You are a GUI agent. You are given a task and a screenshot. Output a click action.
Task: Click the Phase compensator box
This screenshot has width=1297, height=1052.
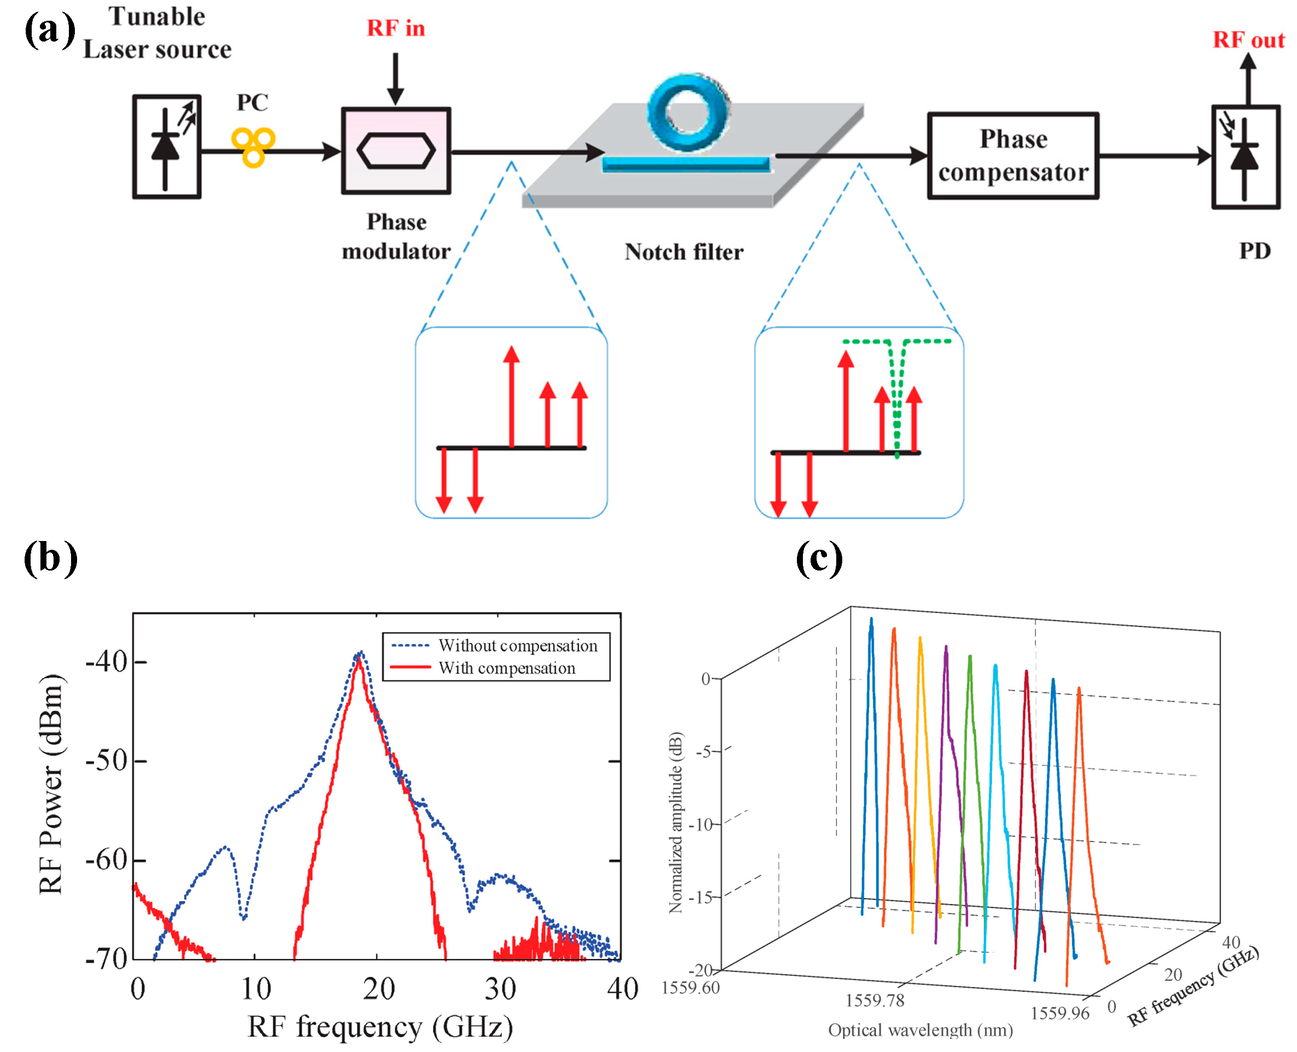click(1012, 156)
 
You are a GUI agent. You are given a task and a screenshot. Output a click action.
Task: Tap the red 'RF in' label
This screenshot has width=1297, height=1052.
click(395, 28)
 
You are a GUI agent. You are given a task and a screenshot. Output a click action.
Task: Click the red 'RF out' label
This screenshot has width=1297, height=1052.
click(1247, 40)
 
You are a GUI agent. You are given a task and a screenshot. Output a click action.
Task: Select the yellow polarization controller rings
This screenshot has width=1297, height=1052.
click(253, 146)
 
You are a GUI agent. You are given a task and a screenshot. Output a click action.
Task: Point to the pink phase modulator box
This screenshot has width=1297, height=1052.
click(395, 151)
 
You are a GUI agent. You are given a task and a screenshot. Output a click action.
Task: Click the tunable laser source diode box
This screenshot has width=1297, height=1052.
click(166, 146)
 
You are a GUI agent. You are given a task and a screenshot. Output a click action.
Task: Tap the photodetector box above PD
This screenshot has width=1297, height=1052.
click(1245, 157)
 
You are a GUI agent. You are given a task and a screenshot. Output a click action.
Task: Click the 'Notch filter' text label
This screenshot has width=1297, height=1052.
click(683, 251)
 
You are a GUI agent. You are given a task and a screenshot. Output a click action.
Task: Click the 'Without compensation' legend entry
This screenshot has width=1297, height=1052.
click(517, 645)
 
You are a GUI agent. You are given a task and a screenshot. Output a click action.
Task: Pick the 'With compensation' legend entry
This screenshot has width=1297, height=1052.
click(506, 668)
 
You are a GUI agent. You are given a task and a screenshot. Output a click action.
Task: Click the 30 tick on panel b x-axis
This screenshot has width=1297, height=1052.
click(500, 989)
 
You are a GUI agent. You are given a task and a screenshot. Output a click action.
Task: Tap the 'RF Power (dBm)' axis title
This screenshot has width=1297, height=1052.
click(51, 785)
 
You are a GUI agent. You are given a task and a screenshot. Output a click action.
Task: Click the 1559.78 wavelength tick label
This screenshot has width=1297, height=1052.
click(874, 1000)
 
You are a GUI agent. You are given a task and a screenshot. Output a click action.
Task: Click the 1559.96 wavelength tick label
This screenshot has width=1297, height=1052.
click(1059, 1013)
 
